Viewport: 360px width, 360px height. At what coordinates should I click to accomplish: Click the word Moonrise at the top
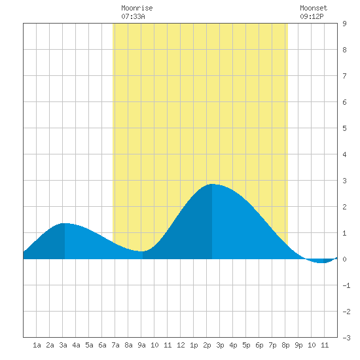pyautogui.click(x=137, y=8)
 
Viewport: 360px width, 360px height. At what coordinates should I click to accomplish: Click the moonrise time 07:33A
pyautogui.click(x=133, y=16)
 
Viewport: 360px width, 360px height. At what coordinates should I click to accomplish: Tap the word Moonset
pyautogui.click(x=314, y=8)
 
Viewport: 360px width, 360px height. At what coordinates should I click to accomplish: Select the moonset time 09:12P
pyautogui.click(x=312, y=16)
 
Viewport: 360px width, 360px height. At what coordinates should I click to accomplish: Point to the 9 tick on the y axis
pyautogui.click(x=344, y=24)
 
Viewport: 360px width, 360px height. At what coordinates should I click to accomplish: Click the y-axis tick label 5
pyautogui.click(x=344, y=128)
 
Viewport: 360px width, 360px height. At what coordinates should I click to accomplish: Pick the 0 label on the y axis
pyautogui.click(x=344, y=259)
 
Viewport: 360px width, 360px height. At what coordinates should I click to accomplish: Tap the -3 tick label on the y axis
pyautogui.click(x=346, y=338)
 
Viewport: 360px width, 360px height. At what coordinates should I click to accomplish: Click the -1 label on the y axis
pyautogui.click(x=346, y=285)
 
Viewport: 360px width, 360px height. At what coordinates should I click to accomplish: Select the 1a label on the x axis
pyautogui.click(x=37, y=345)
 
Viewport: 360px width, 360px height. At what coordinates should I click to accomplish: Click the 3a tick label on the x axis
pyautogui.click(x=63, y=345)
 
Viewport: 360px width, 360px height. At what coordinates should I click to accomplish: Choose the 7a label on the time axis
pyautogui.click(x=115, y=345)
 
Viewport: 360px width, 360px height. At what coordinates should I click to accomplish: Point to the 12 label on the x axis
pyautogui.click(x=181, y=345)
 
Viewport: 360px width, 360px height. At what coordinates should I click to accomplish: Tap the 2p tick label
pyautogui.click(x=207, y=345)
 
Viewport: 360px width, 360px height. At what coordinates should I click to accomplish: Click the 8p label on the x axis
pyautogui.click(x=285, y=345)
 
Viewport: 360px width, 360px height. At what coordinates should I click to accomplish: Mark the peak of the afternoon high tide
pyautogui.click(x=212, y=184)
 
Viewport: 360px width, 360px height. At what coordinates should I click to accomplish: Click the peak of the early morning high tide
pyautogui.click(x=65, y=223)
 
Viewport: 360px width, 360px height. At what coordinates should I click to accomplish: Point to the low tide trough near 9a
pyautogui.click(x=142, y=251)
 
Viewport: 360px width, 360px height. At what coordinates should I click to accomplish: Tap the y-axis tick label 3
pyautogui.click(x=344, y=181)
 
